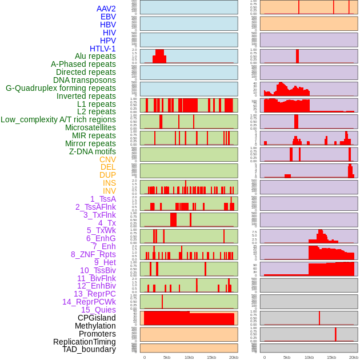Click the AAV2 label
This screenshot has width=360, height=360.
click(x=106, y=9)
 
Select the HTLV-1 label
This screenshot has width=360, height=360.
click(x=102, y=49)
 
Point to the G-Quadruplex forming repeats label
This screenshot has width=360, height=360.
click(x=61, y=88)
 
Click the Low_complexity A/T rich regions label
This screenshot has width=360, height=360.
click(x=58, y=119)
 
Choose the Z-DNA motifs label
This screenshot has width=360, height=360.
click(x=92, y=151)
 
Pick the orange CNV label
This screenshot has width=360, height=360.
click(x=107, y=159)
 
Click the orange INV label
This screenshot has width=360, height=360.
click(x=109, y=191)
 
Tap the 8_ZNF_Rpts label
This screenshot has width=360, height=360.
click(x=93, y=254)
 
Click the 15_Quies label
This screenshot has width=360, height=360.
click(x=97, y=310)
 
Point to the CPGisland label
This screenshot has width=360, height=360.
click(x=97, y=318)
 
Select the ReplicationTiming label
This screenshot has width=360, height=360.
click(x=85, y=342)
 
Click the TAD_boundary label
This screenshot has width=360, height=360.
click(x=89, y=349)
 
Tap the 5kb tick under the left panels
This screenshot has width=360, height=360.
click(x=167, y=357)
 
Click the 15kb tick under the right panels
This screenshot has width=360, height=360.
click(x=331, y=357)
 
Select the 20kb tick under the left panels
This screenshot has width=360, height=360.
click(x=233, y=357)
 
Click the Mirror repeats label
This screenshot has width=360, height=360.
click(x=90, y=143)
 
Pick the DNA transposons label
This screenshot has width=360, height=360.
click(x=85, y=80)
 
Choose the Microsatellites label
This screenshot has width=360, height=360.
click(x=90, y=127)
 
